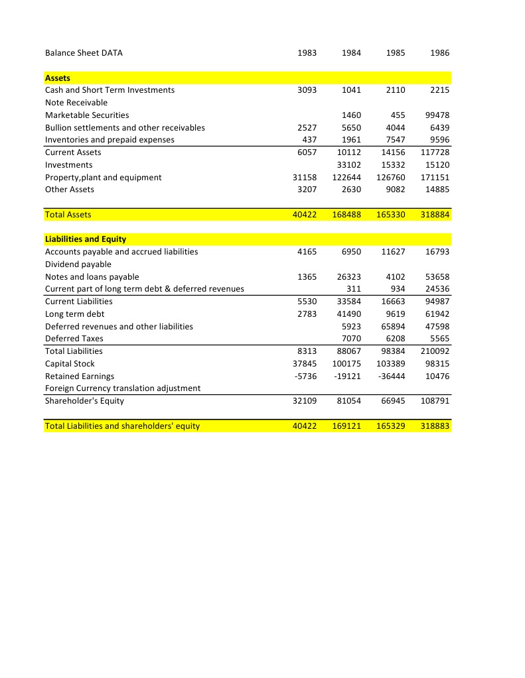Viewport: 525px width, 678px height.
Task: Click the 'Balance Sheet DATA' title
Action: (84, 53)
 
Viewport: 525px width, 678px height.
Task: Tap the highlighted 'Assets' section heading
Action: (58, 78)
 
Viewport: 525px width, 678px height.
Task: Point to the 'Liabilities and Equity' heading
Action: (86, 239)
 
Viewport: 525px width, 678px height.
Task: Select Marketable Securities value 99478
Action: (437, 115)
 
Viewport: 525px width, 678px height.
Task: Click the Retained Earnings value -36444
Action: (392, 376)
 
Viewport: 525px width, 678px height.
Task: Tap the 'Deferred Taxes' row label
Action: (74, 339)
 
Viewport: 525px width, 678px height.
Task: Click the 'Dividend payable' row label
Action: (78, 264)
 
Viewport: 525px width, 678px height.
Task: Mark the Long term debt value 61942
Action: (437, 314)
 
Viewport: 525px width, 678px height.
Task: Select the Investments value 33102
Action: (348, 165)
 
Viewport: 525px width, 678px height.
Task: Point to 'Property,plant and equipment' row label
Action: (103, 178)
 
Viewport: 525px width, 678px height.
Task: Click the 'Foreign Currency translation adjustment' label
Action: (123, 388)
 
